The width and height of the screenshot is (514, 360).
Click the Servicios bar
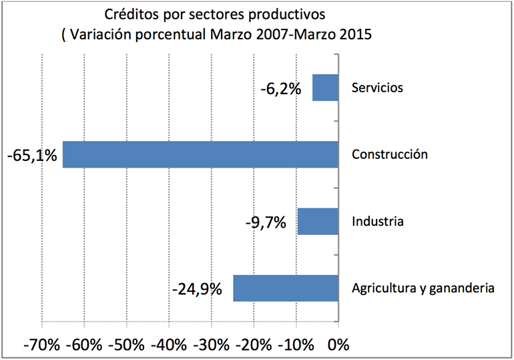click(x=325, y=87)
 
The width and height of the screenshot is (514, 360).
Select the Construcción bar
click(x=200, y=154)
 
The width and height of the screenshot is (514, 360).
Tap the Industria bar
click(x=318, y=221)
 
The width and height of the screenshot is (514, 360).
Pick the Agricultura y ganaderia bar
click(x=286, y=288)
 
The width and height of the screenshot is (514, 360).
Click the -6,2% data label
click(x=281, y=87)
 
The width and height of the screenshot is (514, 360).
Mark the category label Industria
click(x=377, y=221)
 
